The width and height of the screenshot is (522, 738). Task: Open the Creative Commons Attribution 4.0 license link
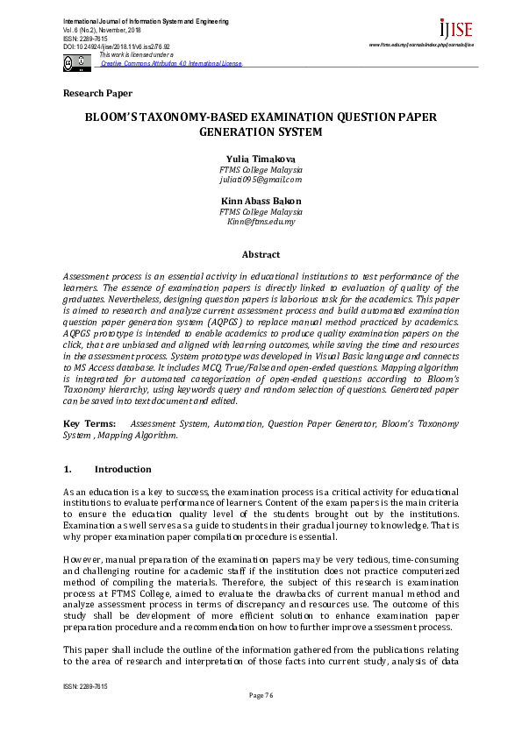[171, 64]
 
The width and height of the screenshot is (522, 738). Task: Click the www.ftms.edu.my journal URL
[421, 44]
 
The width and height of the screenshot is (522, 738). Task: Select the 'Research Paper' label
[98, 93]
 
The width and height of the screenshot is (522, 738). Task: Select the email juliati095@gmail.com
[261, 179]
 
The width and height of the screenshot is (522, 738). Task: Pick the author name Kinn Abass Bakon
[261, 201]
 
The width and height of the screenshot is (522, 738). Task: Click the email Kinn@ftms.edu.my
[261, 222]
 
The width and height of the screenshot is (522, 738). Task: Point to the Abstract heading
[261, 254]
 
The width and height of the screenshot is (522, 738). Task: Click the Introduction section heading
[122, 469]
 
